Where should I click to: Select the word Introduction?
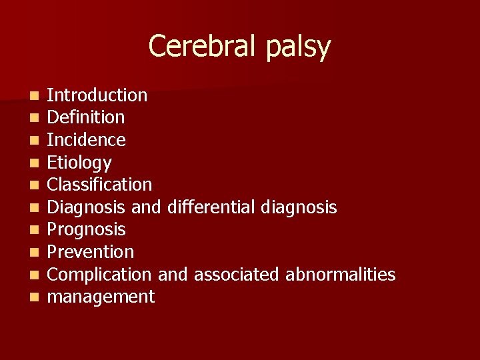pos(97,95)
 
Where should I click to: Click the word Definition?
pos(86,117)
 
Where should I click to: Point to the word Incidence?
pos(87,140)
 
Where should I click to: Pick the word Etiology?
pos(79,163)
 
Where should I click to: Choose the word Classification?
pos(100,185)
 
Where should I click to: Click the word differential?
pos(211,207)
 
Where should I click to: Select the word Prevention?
pos(91,252)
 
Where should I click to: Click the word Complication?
pos(100,275)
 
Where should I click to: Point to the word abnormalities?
pos(341,275)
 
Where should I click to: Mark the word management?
pos(101,297)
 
